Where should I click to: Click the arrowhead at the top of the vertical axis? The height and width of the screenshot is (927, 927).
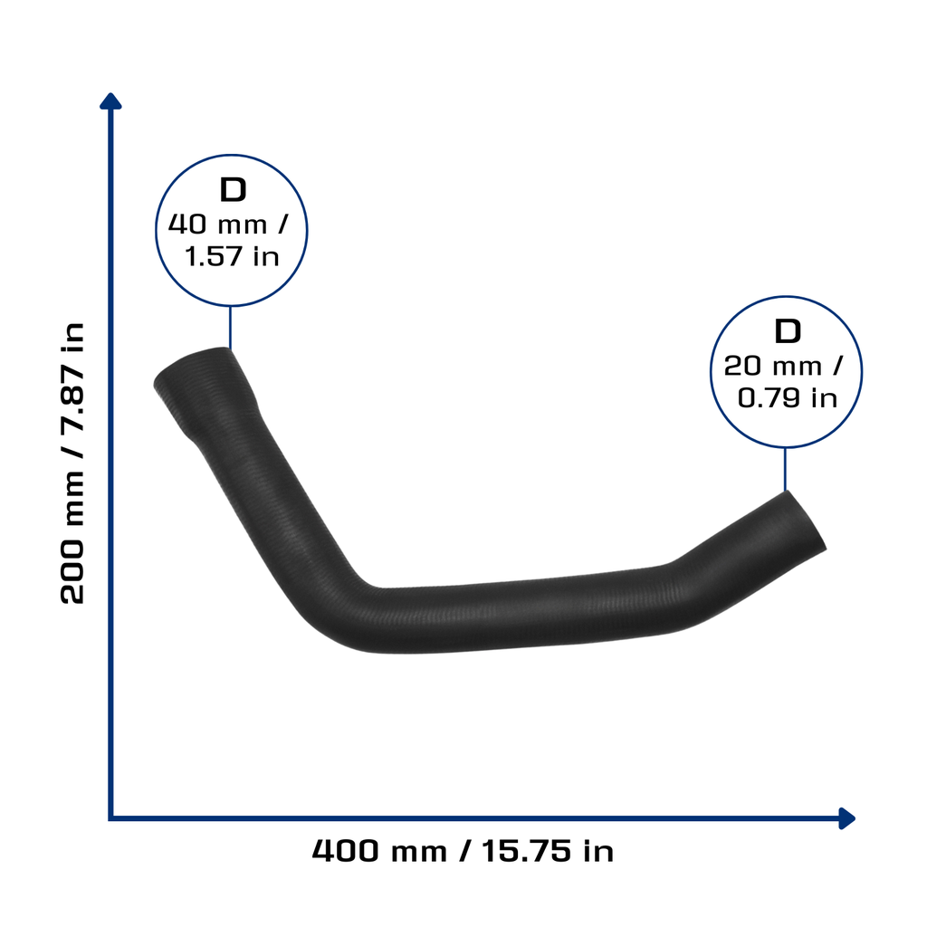110,101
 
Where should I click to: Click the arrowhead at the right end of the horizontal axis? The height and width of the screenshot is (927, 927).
847,818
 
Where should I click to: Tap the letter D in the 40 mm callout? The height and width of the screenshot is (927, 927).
233,190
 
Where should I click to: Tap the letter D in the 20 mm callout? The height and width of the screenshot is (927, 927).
788,331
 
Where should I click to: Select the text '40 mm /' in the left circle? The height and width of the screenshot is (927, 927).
229,225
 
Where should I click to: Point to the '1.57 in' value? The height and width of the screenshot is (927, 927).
232,256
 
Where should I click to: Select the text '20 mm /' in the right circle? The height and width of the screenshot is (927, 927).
783,366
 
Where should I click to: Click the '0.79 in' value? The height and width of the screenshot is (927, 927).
788,397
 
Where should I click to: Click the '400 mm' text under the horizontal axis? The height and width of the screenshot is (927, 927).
379,851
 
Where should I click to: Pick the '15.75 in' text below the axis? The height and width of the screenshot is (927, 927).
548,851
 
